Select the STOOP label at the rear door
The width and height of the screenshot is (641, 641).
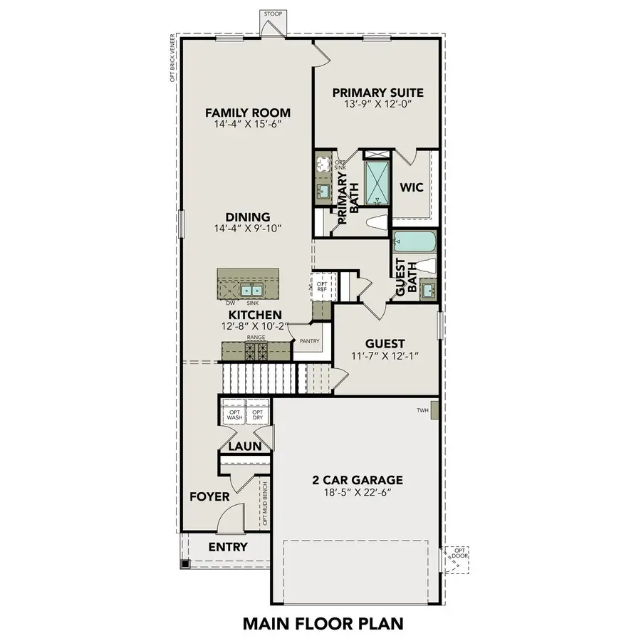coord(272,14)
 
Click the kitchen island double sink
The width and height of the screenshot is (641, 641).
coord(251,290)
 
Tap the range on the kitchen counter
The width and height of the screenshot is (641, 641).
coord(256,350)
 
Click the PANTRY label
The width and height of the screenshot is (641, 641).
coord(309,341)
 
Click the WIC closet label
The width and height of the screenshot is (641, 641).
coord(412,188)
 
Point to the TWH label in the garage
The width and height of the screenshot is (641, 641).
coord(423,411)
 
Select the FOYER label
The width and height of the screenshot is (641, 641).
coord(209,496)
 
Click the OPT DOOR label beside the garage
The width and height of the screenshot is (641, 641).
coord(460,553)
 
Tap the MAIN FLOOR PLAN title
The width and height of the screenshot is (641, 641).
coord(323,623)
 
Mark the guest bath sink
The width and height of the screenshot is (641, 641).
coord(427,290)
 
